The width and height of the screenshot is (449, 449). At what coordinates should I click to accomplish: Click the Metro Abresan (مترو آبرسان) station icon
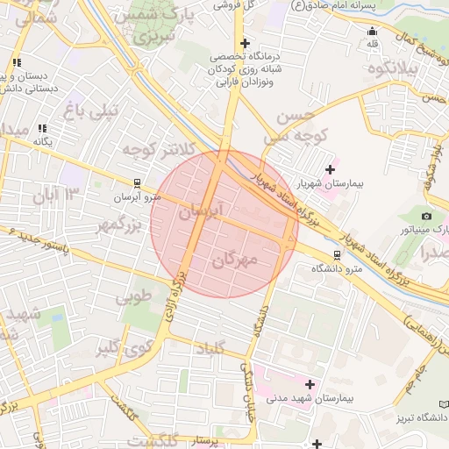pos(136,183)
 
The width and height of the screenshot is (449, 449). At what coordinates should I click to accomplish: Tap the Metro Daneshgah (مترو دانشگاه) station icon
pos(336,255)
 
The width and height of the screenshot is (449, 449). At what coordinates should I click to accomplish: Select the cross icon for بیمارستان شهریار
pos(330,169)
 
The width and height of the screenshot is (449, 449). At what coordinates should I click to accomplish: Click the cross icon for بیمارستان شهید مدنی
pos(309,383)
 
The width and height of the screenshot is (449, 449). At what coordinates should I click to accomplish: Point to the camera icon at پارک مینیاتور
pos(427,216)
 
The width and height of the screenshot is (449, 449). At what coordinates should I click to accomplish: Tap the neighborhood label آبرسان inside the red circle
pos(202,211)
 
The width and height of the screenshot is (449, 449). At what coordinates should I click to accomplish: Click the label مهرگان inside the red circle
pos(234,260)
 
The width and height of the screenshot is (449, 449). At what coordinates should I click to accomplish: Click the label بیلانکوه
pos(391,68)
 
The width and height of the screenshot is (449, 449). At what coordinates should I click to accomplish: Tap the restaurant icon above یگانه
pos(42,128)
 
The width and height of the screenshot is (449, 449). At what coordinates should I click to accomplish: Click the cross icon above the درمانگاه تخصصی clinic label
pos(245,43)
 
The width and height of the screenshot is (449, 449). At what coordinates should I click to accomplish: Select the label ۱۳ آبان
pos(57,194)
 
